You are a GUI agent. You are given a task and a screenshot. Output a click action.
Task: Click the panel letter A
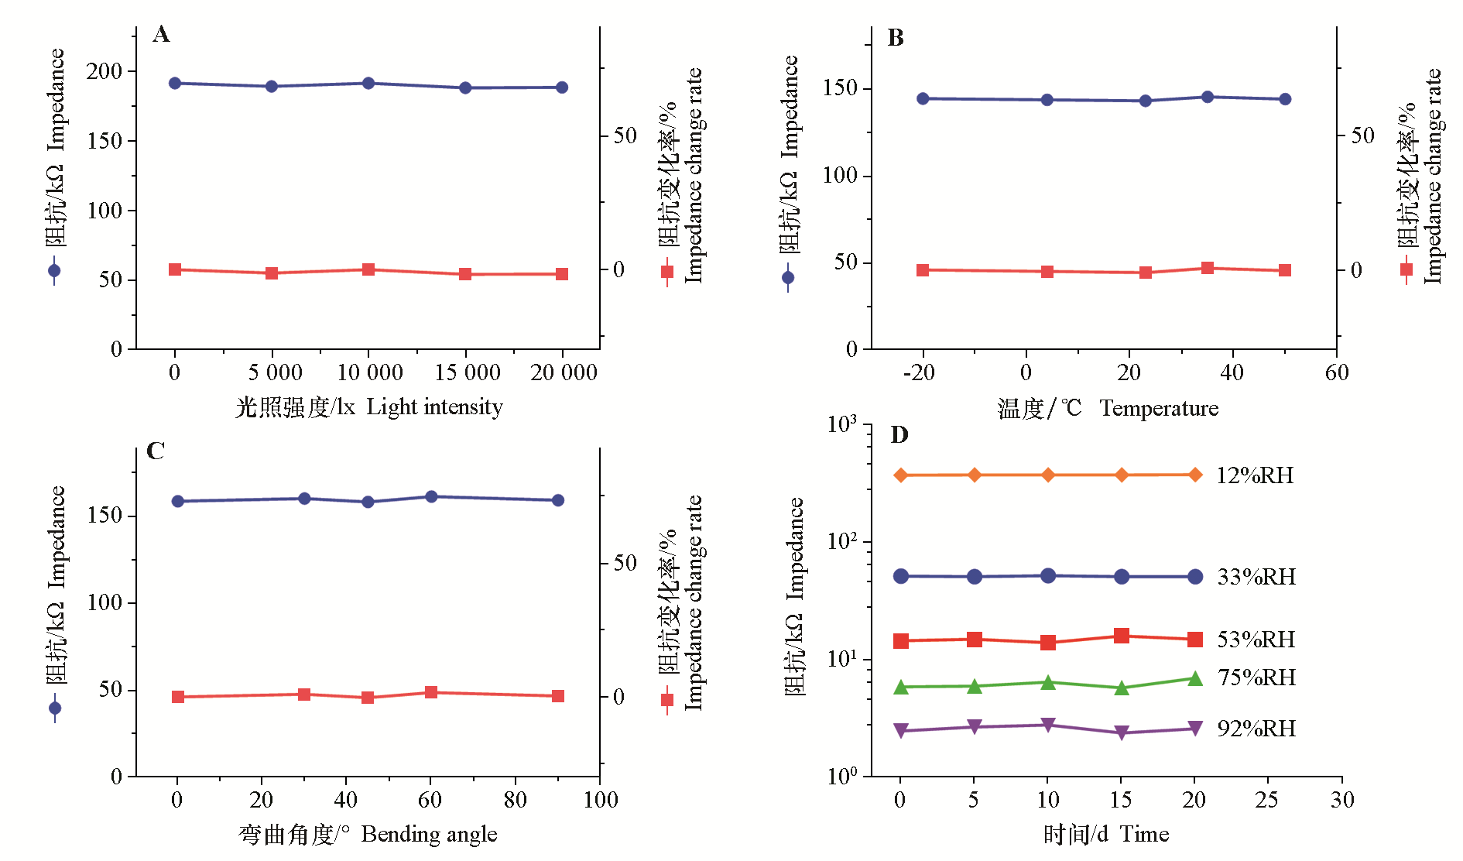[x=161, y=34]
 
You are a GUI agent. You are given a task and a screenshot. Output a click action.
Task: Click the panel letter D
[x=899, y=435]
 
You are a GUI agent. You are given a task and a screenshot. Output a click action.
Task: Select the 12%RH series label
[x=1255, y=475]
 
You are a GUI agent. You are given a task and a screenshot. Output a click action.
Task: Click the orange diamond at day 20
[x=1195, y=475]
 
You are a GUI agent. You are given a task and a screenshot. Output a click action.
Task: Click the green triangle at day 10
[x=1048, y=682]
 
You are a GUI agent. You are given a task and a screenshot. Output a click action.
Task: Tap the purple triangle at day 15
[x=1122, y=732]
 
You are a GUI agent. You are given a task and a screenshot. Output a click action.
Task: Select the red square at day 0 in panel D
[x=901, y=641]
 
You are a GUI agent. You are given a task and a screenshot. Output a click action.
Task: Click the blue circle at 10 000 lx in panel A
[x=368, y=83]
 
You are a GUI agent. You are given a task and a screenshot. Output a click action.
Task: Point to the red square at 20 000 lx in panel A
[x=562, y=274]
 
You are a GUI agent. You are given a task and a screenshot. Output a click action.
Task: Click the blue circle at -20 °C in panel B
[x=923, y=98]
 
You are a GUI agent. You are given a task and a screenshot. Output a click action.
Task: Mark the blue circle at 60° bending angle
[x=431, y=496]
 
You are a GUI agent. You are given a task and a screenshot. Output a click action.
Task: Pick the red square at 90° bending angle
[x=558, y=696]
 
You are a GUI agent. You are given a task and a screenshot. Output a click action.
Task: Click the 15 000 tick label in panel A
[x=468, y=372]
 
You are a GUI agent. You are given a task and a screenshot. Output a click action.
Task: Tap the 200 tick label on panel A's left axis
[x=104, y=71]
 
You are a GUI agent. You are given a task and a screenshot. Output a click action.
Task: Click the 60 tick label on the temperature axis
[x=1337, y=372]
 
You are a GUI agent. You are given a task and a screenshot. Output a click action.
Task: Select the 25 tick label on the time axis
[x=1266, y=800]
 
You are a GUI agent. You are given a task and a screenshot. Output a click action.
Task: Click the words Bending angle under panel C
[x=429, y=834]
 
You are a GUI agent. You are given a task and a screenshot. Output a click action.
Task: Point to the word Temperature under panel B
[x=1159, y=408]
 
